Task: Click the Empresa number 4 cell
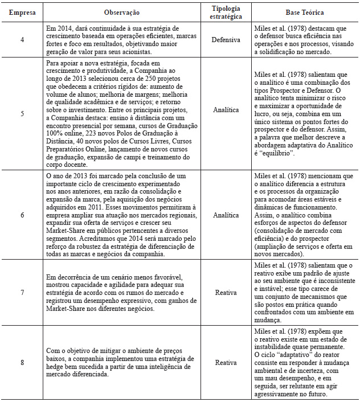22,40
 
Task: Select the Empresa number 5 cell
22,113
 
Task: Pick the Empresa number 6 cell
22,216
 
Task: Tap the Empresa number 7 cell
22,292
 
